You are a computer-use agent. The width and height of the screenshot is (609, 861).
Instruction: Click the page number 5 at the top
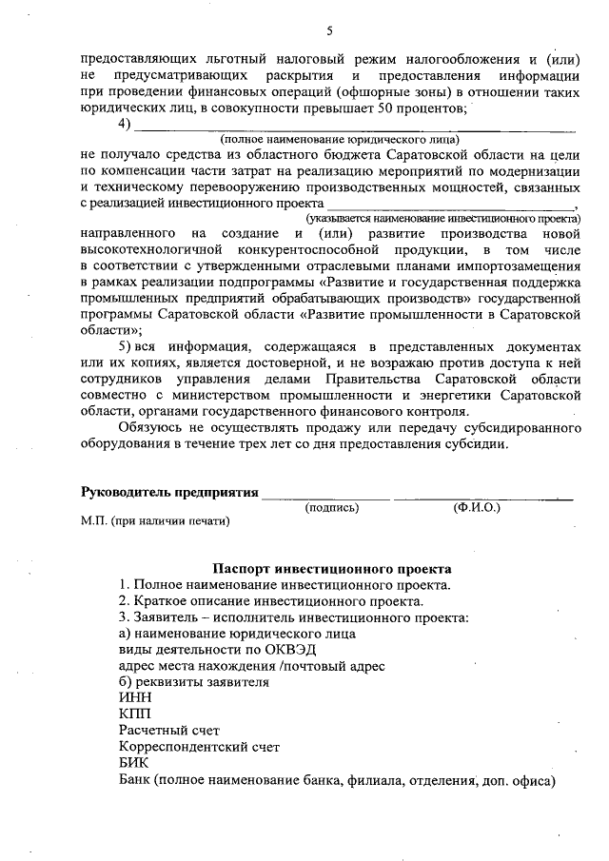pyautogui.click(x=330, y=30)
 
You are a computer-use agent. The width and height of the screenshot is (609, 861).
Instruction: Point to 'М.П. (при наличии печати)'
pyautogui.click(x=156, y=521)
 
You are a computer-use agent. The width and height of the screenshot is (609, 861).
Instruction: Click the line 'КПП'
pyautogui.click(x=134, y=714)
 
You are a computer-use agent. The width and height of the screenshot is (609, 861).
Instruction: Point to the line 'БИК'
pyautogui.click(x=133, y=763)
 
